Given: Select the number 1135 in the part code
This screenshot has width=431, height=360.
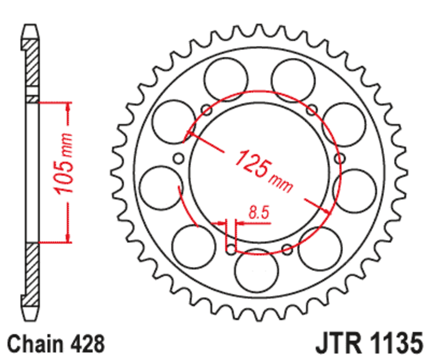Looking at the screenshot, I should click(393, 343).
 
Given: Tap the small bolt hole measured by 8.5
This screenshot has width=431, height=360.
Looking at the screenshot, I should click(231, 250).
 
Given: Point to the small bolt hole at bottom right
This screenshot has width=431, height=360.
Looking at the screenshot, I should click(287, 249).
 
